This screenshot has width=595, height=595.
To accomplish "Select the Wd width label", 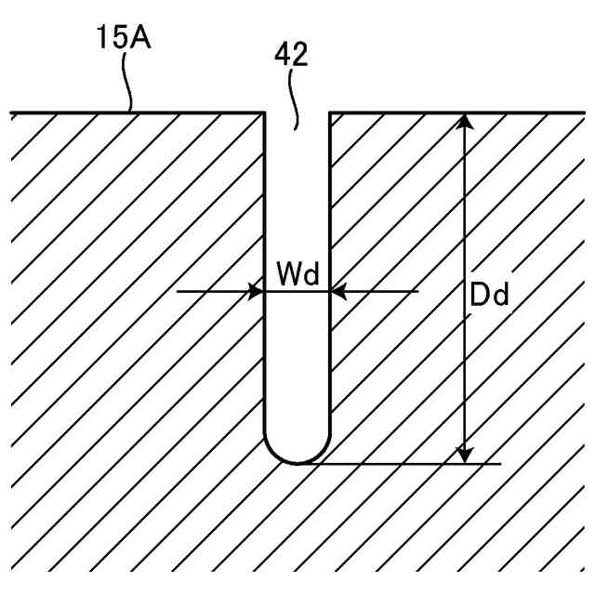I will click(297, 275).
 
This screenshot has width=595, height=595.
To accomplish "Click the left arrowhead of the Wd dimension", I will click(255, 291).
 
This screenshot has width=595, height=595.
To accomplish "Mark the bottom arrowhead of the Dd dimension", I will click(466, 454).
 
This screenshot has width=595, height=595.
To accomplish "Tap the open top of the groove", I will click(297, 115).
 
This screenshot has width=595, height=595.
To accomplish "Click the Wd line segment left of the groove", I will click(209, 291).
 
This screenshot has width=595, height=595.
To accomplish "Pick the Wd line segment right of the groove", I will click(381, 291).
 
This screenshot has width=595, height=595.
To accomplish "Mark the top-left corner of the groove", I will click(266, 113).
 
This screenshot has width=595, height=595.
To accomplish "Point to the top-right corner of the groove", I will click(330, 113).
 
